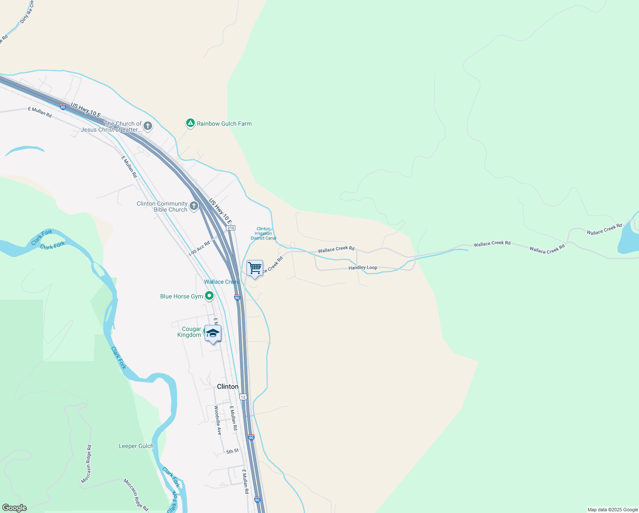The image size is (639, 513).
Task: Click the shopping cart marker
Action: coord(255,268)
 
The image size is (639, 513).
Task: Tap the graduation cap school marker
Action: coord(212,333)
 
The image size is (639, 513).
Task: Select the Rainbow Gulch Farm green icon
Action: coord(190,124)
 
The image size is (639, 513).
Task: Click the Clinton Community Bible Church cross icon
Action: coord(194,206)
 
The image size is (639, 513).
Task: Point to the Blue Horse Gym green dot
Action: coord(209,296)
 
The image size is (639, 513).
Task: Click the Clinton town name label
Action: coord(228,386)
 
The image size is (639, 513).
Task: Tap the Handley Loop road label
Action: coord(363,268)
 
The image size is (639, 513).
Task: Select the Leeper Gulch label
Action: coord(136,446)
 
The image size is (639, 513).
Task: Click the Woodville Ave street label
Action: coord(218,420)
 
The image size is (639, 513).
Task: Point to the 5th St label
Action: coord(232,451)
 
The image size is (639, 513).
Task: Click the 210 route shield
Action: coord(231,228)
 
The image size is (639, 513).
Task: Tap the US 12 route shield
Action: coord(243,397)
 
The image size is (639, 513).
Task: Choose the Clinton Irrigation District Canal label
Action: coord(264,233)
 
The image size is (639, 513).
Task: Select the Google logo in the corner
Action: coord(14,508)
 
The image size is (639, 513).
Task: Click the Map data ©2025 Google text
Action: coord(613,510)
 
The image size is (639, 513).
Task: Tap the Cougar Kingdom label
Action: coord(189,332)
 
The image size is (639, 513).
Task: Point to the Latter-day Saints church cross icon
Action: coord(148,126)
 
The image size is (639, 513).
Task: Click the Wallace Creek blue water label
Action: coord(221,282)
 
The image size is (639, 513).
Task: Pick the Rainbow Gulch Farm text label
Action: coord(224,124)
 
